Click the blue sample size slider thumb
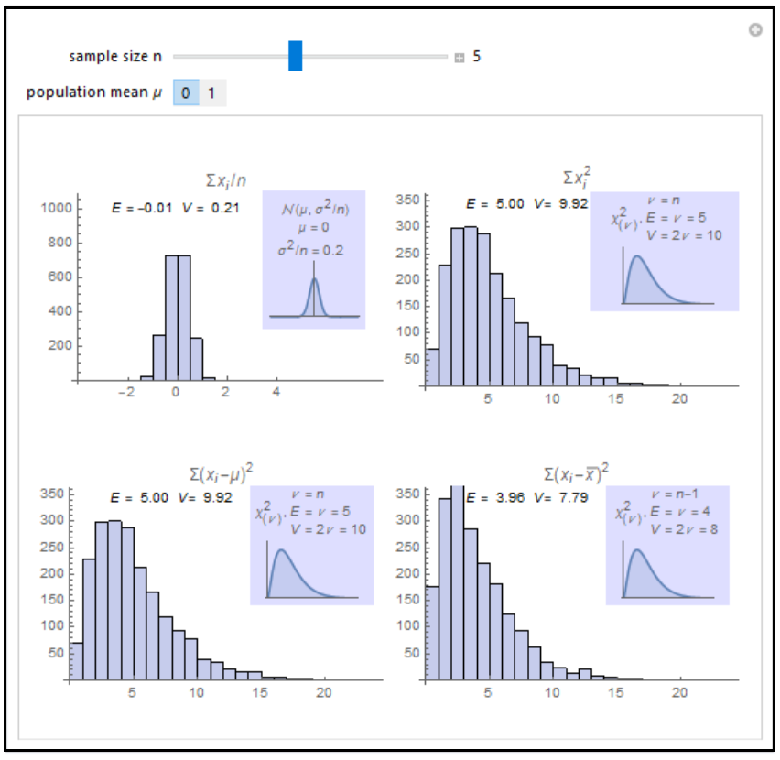pyautogui.click(x=295, y=56)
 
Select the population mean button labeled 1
pyautogui.click(x=211, y=92)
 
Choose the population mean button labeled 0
pyautogui.click(x=186, y=92)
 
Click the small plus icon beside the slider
pyautogui.click(x=459, y=58)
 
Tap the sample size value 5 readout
pyautogui.click(x=477, y=57)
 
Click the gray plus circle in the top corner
pyautogui.click(x=755, y=30)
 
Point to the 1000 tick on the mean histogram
pyautogui.click(x=56, y=209)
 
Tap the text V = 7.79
pyautogui.click(x=562, y=498)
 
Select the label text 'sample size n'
pyautogui.click(x=115, y=57)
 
